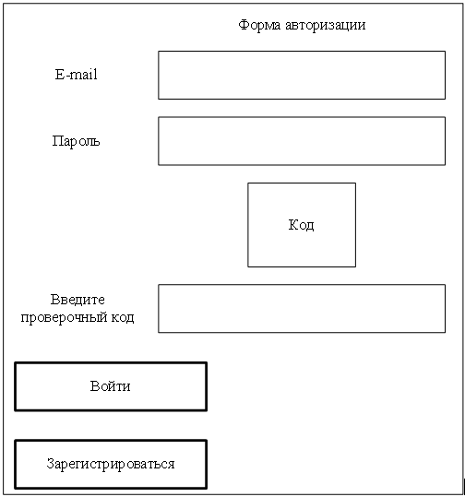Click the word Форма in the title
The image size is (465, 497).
(x=259, y=26)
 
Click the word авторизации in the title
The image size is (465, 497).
(x=326, y=26)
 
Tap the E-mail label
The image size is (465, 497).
(x=77, y=75)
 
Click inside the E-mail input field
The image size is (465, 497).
(x=302, y=75)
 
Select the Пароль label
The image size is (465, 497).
(x=76, y=141)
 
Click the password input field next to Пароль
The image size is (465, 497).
(x=302, y=141)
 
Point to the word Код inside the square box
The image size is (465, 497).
(x=302, y=225)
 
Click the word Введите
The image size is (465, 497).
(x=77, y=300)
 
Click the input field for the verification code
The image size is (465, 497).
(x=302, y=308)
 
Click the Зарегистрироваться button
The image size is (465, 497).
(x=111, y=465)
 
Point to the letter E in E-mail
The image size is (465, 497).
(x=59, y=75)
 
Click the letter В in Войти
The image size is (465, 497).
(x=94, y=386)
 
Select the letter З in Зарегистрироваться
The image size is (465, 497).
(x=50, y=464)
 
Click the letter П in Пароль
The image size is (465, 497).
(x=57, y=141)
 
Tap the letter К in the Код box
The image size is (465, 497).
(x=293, y=224)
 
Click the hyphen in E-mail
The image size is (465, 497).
(x=66, y=76)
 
